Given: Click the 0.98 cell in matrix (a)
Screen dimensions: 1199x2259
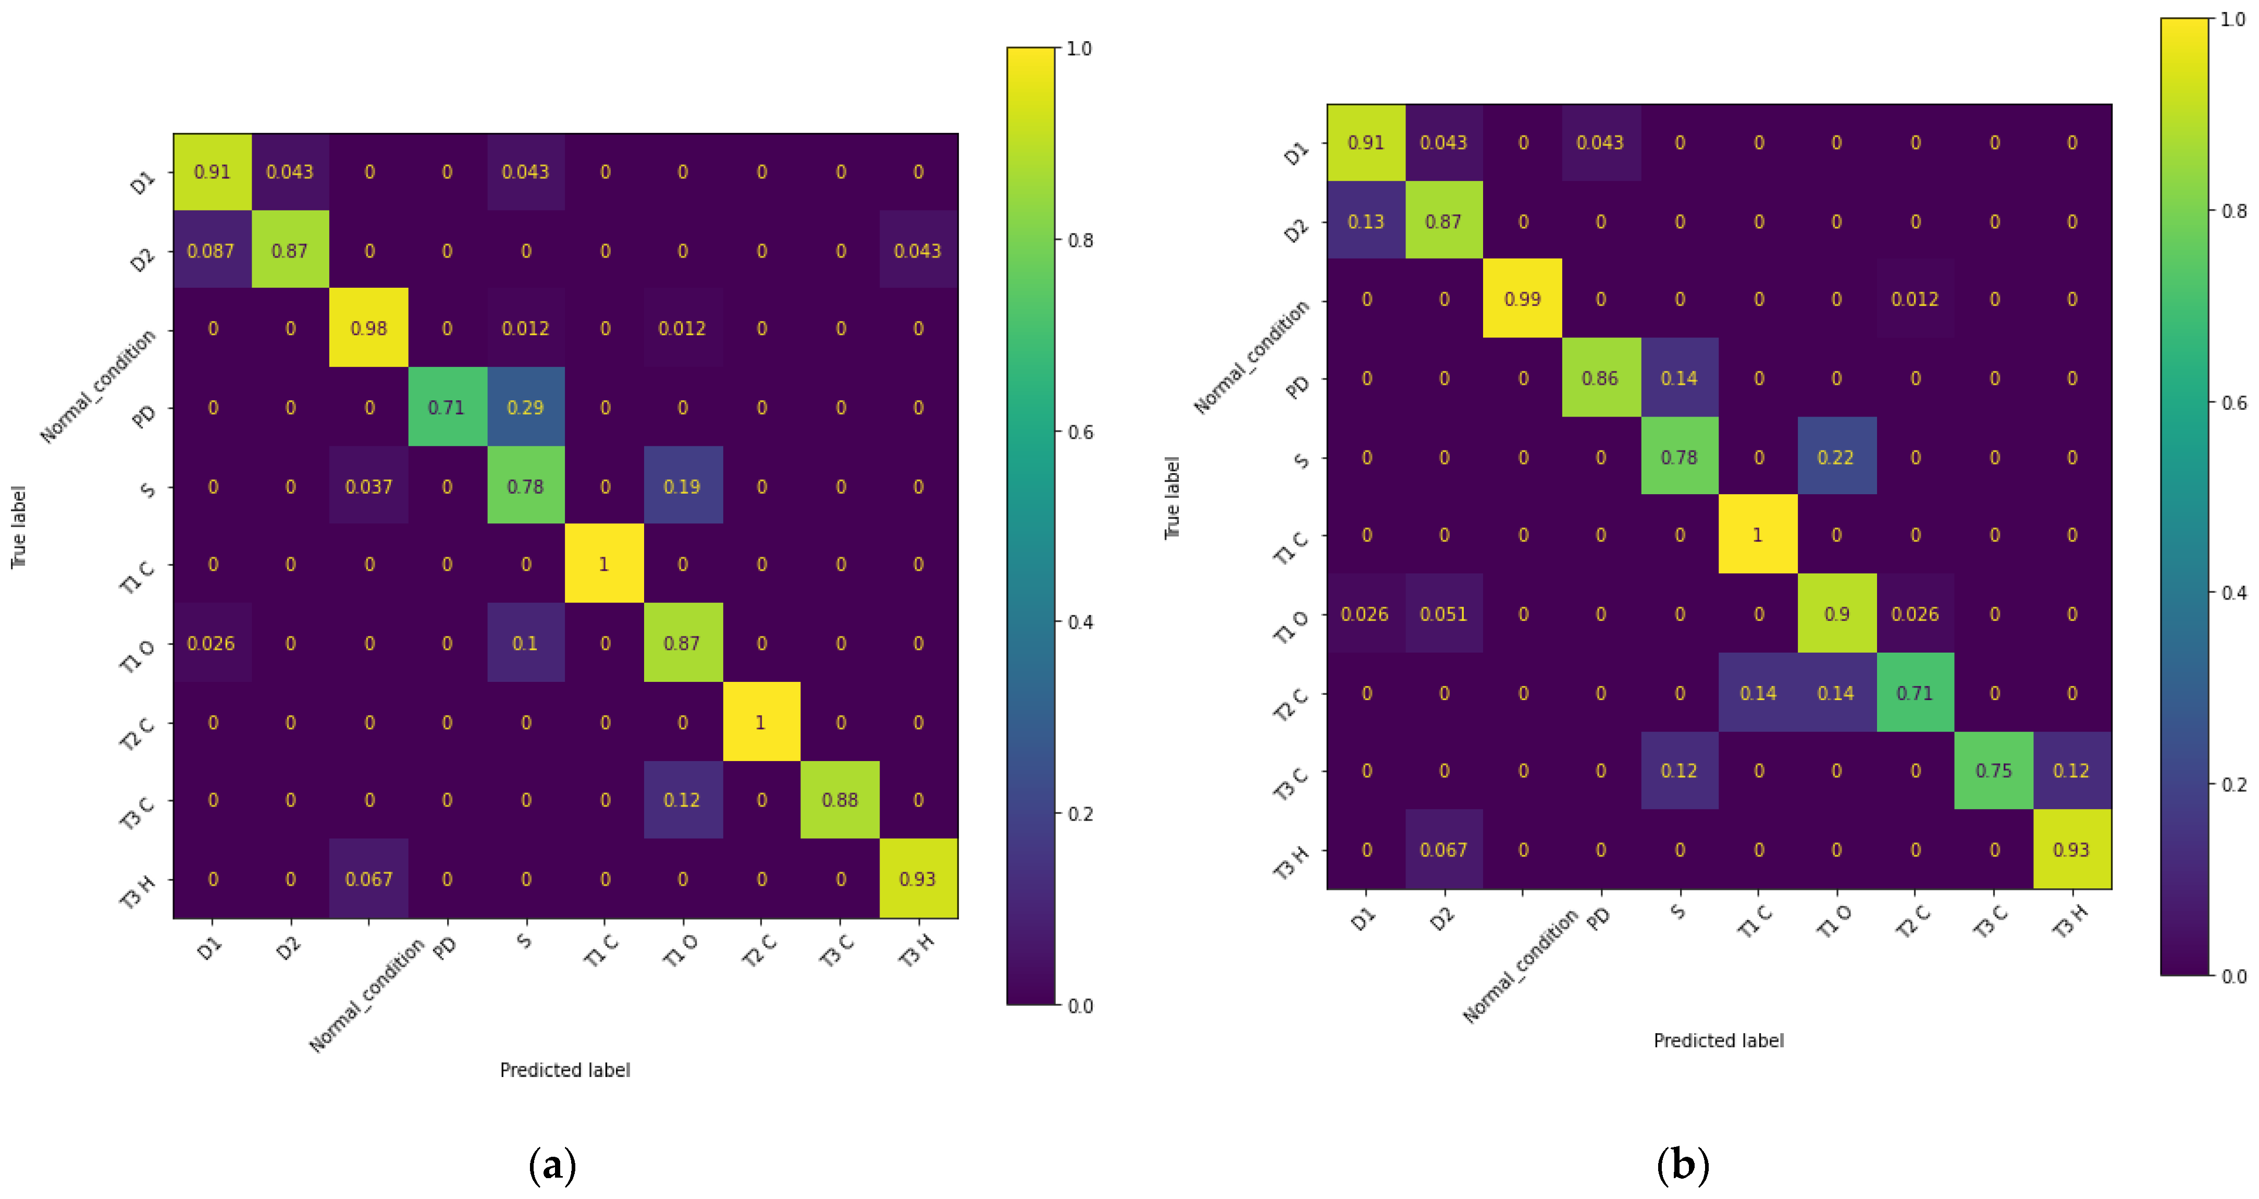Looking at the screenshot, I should [x=368, y=328].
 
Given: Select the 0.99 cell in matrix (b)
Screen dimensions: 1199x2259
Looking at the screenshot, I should [x=1522, y=299].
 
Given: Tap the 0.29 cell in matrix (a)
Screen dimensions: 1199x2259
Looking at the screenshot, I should [x=525, y=407].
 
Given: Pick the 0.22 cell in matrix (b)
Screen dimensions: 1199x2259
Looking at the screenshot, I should [x=1835, y=457].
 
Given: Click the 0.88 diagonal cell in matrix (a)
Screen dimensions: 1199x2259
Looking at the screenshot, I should [x=839, y=800].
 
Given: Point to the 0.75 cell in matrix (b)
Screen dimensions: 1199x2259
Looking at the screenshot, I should [x=1993, y=770].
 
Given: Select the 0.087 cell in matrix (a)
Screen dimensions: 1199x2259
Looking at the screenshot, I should [x=212, y=251].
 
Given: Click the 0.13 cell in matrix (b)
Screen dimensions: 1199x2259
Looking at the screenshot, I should [x=1365, y=221].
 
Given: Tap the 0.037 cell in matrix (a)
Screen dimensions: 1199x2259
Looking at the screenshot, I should [x=368, y=486].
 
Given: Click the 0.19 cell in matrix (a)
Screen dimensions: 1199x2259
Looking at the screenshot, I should [x=682, y=486].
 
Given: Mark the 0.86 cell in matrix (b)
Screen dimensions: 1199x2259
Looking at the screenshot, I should [x=1600, y=378].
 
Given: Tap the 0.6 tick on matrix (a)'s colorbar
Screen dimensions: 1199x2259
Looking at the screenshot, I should [x=1080, y=432].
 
